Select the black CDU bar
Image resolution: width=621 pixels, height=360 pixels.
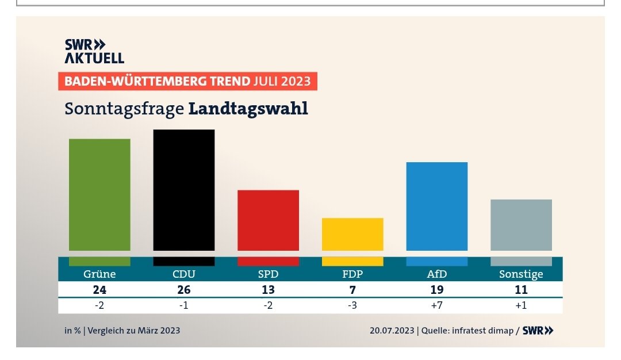pos(183,190)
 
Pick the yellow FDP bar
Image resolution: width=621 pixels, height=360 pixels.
pos(352,234)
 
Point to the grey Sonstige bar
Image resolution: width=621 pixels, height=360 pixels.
pos(521,225)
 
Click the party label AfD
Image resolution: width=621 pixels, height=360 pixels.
pos(436,274)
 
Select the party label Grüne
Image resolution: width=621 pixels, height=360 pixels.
pos(99,274)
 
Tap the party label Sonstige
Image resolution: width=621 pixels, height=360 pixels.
pos(521,274)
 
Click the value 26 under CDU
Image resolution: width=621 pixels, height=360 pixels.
pos(183,290)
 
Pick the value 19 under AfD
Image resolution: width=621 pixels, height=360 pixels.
pos(436,290)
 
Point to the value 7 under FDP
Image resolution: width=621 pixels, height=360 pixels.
pos(352,290)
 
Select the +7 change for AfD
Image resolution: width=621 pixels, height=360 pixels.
pos(436,305)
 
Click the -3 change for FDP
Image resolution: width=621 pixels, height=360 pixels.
pos(352,305)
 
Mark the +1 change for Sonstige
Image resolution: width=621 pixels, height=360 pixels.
pos(521,305)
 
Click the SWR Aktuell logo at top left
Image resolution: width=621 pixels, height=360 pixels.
pos(94,51)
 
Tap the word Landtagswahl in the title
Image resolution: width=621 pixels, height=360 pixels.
pos(248,108)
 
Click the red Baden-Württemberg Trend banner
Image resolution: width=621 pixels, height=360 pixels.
pos(187,81)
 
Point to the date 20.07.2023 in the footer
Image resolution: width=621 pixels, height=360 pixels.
pos(393,331)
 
